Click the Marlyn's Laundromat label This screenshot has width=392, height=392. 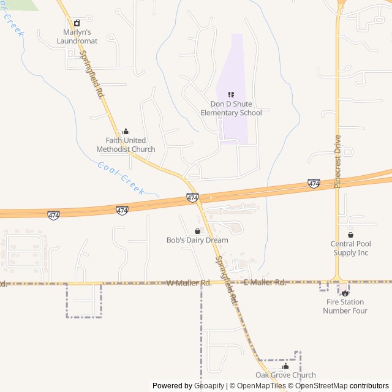click(x=77, y=36)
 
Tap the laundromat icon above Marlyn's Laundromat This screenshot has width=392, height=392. click(x=77, y=23)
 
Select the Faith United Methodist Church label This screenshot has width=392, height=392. click(x=126, y=145)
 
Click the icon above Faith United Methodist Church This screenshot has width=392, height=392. click(x=126, y=131)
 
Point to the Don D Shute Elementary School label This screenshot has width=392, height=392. click(x=231, y=108)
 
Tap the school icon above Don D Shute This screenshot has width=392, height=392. click(x=231, y=94)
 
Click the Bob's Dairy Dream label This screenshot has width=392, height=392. click(x=197, y=240)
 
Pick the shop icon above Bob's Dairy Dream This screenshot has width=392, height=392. click(x=197, y=231)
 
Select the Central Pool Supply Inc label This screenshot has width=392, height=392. click(x=350, y=248)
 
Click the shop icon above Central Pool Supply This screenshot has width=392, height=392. click(x=350, y=235)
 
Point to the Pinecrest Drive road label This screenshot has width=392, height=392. click(x=337, y=161)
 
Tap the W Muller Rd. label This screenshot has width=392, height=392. click(x=189, y=283)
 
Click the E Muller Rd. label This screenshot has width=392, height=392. click(x=265, y=282)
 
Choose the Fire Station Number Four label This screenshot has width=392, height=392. click(x=345, y=306)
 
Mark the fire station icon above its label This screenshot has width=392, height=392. click(x=345, y=293)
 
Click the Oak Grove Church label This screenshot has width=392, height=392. click(x=285, y=375)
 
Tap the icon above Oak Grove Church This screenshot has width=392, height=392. click(x=285, y=366)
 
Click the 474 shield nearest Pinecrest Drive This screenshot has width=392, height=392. click(x=314, y=184)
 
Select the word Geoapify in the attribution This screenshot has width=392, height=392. click(x=209, y=386)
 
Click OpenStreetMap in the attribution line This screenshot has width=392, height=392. click(x=321, y=386)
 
